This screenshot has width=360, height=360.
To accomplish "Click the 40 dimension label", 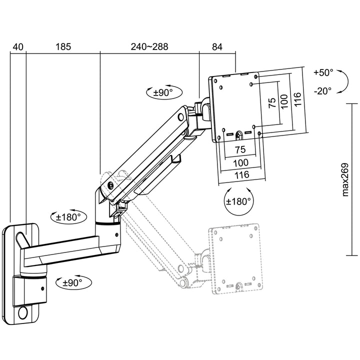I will pos(17,47).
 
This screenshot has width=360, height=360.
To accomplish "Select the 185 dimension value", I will pos(63,47).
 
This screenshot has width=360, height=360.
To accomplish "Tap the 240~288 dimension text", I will pos(149,47).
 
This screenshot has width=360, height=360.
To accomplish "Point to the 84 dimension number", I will pos(217,47).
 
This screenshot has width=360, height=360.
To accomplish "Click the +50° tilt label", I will pos(323,72).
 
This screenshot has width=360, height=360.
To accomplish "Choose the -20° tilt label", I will pos(323,91).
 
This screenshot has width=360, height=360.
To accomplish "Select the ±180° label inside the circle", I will pos(238,201).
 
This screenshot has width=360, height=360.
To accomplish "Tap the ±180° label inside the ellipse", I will pos(68,217).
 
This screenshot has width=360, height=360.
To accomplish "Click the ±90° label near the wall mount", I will pos(71,282).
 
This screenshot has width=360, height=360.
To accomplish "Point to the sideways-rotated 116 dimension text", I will pos(297,100).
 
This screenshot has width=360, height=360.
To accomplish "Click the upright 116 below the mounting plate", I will pos(241,174).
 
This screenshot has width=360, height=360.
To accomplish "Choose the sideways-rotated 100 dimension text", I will pos(284,102).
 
